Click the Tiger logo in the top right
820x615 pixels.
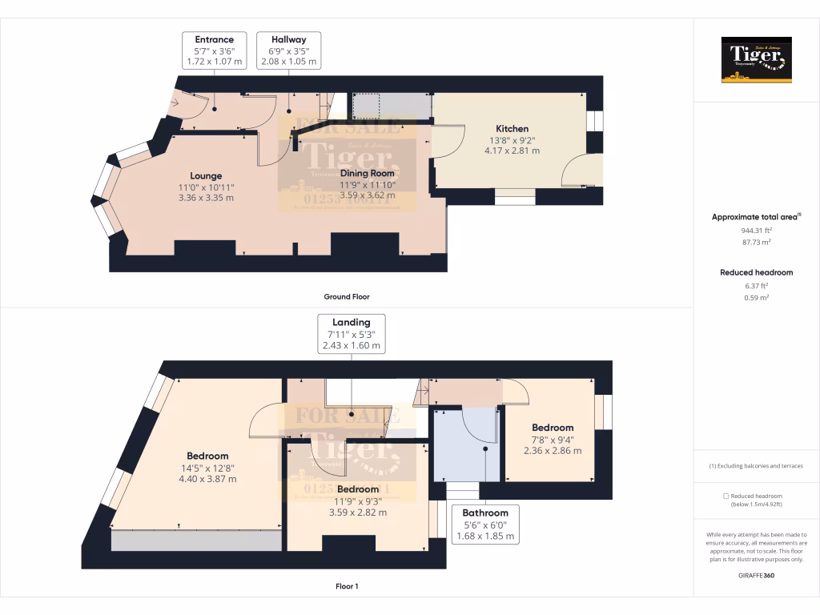pos(757,59)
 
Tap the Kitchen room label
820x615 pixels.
pos(512,128)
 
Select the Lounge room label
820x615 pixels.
pos(206,175)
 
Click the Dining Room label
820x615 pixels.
pos(368,172)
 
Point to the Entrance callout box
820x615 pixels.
pos(214,50)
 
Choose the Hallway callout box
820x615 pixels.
pos(288,50)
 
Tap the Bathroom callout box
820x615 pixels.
pos(485,524)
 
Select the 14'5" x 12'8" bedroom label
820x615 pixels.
pos(208,456)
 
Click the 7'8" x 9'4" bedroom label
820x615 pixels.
pos(553,428)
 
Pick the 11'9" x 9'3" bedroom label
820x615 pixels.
pos(358,488)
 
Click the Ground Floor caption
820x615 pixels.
pos(346,296)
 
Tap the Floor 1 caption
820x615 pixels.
pos(346,586)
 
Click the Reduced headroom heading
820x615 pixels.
pos(757,272)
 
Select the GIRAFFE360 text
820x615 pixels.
pos(757,575)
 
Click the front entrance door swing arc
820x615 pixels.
pos(192,109)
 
